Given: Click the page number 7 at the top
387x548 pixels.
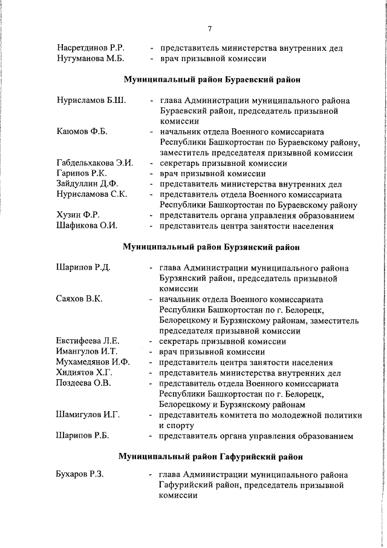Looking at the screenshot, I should (x=209, y=28).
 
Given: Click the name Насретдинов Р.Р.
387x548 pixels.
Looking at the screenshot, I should (x=91, y=48).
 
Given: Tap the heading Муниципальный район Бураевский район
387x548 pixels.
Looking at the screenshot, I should (x=212, y=80).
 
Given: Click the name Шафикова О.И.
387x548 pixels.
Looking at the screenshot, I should (x=86, y=226).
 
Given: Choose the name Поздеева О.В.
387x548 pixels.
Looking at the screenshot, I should (x=83, y=383).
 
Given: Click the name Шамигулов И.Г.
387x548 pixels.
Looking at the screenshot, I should (x=88, y=415).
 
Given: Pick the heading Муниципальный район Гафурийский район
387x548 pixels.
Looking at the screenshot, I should (x=211, y=456).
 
